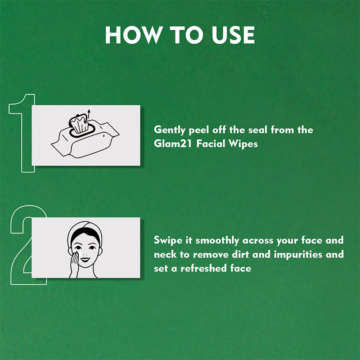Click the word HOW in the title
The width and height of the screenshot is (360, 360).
point(134,35)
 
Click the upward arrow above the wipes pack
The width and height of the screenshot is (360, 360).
point(89,114)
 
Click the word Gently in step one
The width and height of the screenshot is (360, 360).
point(170,130)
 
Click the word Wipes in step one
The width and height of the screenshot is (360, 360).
point(243,144)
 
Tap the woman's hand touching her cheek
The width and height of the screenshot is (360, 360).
point(75,264)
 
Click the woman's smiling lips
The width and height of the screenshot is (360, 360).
point(85,260)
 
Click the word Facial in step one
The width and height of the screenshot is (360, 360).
point(211,144)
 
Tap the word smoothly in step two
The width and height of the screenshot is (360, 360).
point(217,241)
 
